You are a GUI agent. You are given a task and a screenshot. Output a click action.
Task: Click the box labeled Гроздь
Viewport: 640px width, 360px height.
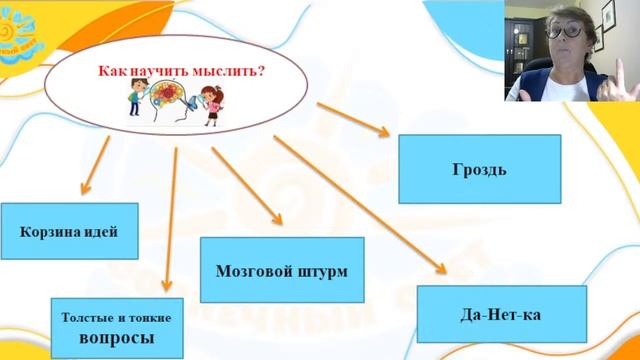click(467, 168)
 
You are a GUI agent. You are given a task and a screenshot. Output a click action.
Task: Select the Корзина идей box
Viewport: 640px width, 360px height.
click(68, 231)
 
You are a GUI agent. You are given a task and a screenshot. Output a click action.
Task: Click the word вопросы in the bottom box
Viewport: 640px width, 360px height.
click(116, 338)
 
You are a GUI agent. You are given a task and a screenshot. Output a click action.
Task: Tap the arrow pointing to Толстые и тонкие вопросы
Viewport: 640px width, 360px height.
click(171, 220)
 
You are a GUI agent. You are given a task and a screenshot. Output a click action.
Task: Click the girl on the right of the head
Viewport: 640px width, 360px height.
click(213, 106)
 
